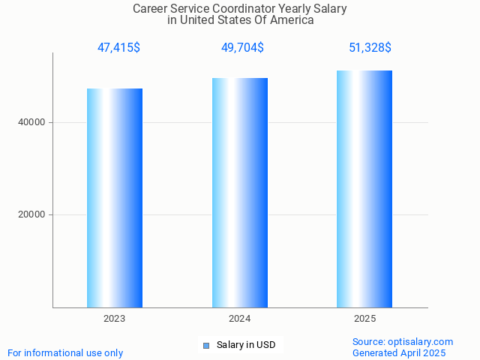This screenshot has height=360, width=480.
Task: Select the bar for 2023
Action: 115,198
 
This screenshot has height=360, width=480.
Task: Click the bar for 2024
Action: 240,193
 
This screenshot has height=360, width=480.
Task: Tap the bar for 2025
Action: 364,189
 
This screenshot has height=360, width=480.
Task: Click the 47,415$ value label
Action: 118,48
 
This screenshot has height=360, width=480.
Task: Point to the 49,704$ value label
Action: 242,48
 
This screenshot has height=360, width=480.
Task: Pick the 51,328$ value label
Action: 370,48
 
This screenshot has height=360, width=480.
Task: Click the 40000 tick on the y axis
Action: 31,122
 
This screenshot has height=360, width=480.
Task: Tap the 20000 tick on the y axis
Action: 31,214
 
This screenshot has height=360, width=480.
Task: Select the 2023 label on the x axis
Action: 115,319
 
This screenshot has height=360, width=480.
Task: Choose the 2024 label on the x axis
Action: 240,319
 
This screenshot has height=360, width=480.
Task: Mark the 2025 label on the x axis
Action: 364,319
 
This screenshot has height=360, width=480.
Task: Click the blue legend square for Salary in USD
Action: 205,346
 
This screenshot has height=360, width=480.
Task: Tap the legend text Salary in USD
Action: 246,345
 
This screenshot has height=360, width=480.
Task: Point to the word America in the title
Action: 291,20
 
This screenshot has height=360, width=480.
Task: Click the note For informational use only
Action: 65,352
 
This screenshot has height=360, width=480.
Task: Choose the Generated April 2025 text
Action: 399,352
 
